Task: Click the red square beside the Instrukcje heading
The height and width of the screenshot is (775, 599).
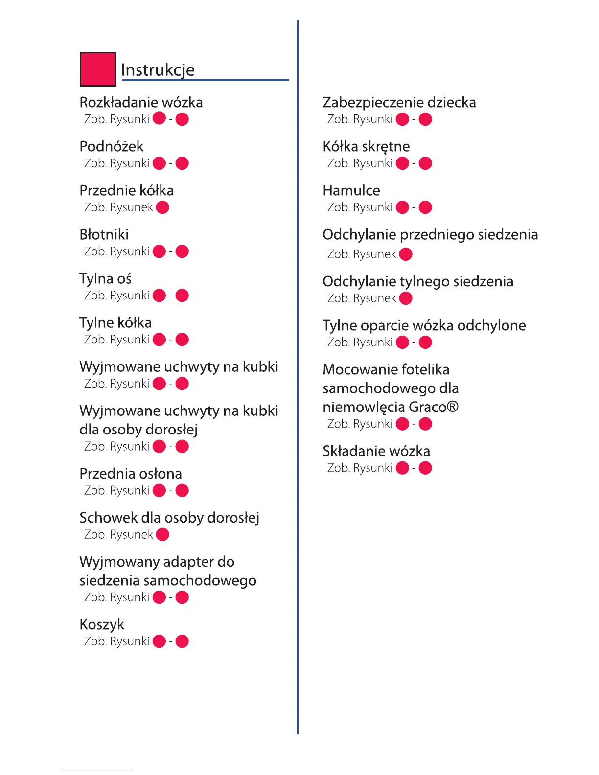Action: [x=98, y=69]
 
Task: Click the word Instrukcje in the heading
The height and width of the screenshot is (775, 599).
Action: [x=158, y=70]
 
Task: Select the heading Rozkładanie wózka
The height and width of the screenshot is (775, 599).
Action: [x=141, y=102]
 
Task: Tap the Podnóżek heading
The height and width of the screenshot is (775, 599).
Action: [x=112, y=146]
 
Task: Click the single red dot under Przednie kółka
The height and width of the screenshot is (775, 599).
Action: [x=162, y=207]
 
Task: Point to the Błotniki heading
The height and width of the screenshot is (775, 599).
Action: [x=104, y=234]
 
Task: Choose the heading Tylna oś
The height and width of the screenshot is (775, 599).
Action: [x=105, y=279]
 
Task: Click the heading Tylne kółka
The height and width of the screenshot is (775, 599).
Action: [x=115, y=323]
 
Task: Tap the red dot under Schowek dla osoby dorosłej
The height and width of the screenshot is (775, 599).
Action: [x=162, y=535]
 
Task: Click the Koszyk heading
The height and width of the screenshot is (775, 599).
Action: [x=102, y=625]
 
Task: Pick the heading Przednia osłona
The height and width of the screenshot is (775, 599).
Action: [x=131, y=474]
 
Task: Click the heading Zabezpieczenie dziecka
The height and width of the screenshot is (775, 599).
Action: [x=399, y=102]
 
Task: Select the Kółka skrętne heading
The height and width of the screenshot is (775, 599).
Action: [x=366, y=147]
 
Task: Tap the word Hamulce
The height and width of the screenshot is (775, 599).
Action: [x=351, y=190]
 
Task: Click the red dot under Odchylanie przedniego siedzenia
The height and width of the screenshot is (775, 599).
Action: [x=406, y=254]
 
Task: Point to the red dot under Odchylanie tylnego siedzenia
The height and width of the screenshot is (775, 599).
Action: [x=406, y=298]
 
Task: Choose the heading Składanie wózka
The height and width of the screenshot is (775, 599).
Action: [x=376, y=451]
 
